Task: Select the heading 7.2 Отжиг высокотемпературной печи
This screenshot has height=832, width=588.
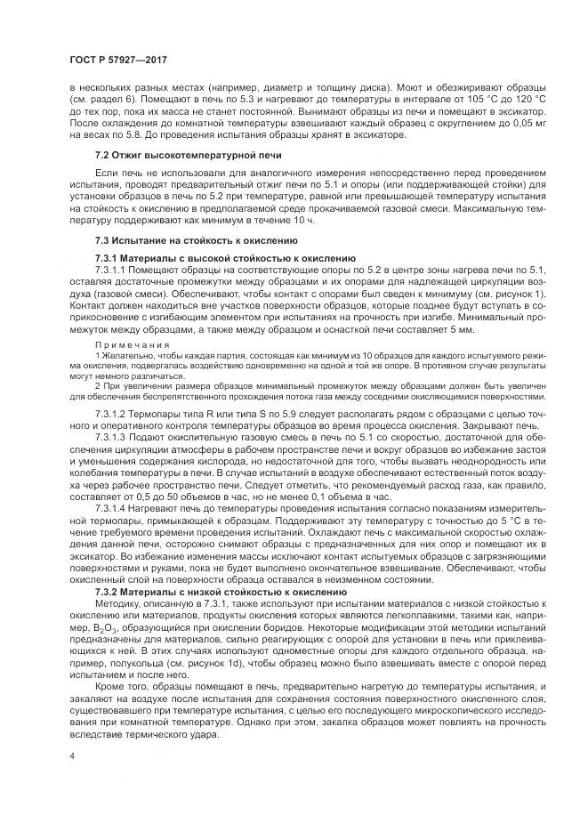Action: pyautogui.click(x=165, y=155)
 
